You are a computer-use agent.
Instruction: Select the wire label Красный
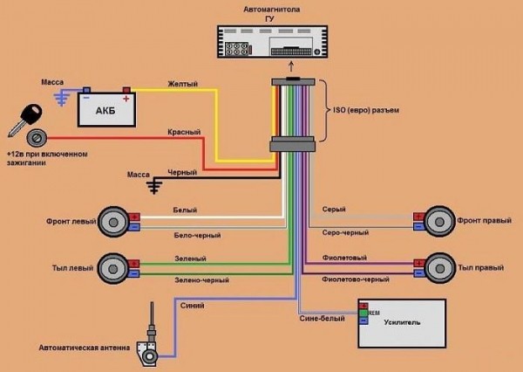click(x=184, y=132)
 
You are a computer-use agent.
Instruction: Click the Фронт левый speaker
click(x=114, y=221)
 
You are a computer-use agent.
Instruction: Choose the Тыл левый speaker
click(x=114, y=266)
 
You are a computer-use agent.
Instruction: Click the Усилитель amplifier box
click(x=402, y=321)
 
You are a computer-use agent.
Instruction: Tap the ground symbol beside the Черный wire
click(x=154, y=184)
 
